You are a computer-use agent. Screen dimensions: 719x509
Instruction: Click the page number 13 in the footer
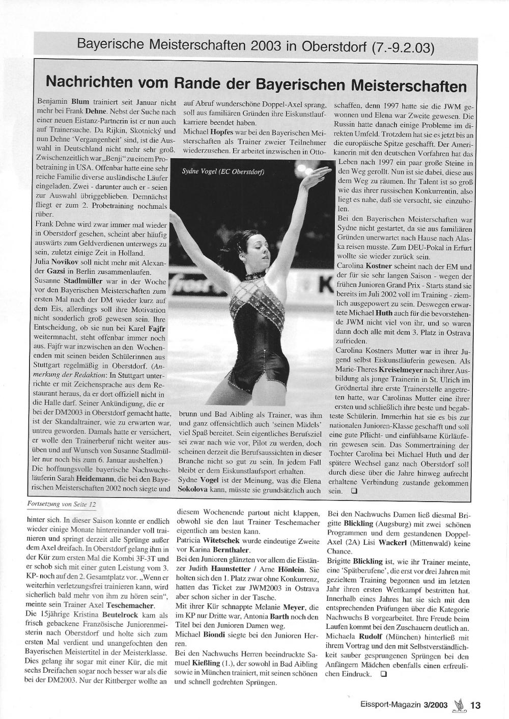coord(475,705)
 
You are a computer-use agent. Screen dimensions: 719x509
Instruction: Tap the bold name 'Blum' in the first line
coord(80,102)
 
